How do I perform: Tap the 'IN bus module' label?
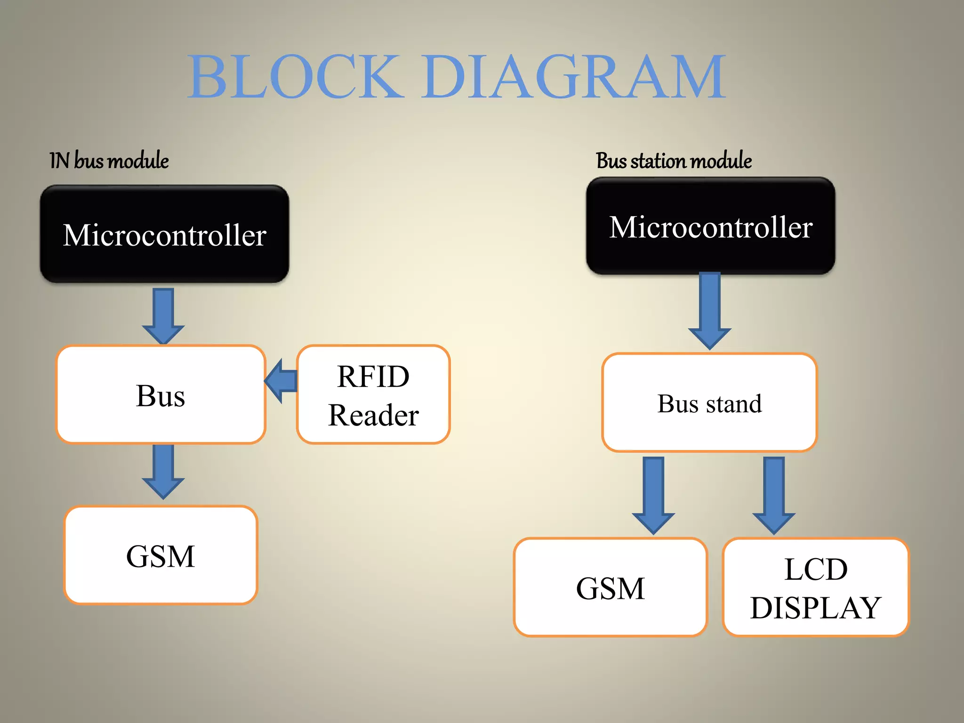[109, 161]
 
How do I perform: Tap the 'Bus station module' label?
[674, 161]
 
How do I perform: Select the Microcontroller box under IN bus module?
[164, 234]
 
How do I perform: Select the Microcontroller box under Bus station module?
[710, 226]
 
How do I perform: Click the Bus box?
[161, 394]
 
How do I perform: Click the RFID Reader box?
[373, 394]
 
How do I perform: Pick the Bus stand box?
[709, 403]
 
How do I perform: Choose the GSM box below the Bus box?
[161, 555]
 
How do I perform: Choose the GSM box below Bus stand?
[611, 587]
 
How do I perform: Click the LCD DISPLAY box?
[816, 587]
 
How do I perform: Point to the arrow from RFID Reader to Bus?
[281, 381]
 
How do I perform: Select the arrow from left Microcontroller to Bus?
[163, 315]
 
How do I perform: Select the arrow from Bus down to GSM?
[163, 471]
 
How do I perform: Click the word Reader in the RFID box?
[373, 415]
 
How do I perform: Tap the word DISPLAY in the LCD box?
[816, 608]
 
